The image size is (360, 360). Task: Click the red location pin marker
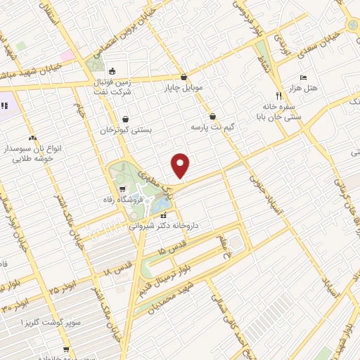(x=181, y=165)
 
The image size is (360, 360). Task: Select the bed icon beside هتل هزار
(x=303, y=77)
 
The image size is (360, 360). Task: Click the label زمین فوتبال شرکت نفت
(x=112, y=87)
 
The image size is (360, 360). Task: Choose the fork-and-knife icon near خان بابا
(x=278, y=95)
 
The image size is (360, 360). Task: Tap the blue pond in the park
(x=162, y=204)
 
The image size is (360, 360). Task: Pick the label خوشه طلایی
(x=27, y=158)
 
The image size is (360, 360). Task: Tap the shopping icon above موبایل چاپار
(x=184, y=77)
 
